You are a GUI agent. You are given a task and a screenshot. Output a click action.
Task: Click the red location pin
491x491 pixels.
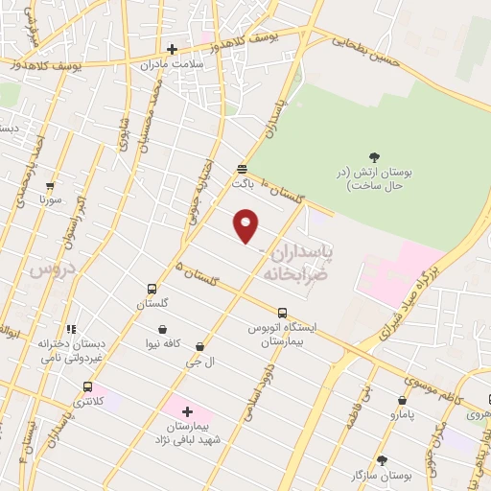(247, 225)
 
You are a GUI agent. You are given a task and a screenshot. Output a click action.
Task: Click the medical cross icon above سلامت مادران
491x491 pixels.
(173, 49)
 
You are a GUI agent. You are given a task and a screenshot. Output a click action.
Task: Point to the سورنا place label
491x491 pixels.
(50, 200)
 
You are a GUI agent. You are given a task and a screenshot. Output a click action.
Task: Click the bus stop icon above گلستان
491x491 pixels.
(152, 289)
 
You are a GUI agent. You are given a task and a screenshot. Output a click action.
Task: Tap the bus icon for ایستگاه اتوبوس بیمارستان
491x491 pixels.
(282, 313)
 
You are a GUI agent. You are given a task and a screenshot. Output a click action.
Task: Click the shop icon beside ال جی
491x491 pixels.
(199, 346)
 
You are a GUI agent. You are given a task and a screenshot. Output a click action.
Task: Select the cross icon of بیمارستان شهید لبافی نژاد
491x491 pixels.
(187, 410)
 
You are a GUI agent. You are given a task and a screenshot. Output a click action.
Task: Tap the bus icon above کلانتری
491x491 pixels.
(87, 386)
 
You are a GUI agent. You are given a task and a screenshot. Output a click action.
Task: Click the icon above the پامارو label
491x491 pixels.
(402, 400)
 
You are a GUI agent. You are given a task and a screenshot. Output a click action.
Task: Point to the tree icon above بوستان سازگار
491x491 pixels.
(382, 460)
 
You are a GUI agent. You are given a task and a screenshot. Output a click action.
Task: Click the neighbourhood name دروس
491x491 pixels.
(42, 270)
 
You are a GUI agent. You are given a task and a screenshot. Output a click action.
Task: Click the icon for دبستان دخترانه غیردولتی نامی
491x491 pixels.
(71, 329)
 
